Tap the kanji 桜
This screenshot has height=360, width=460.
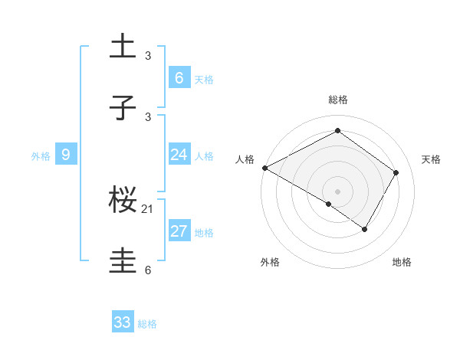(123, 201)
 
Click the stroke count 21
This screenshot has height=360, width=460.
(148, 208)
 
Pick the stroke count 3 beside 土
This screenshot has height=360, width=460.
(148, 55)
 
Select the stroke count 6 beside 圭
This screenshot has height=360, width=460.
(148, 270)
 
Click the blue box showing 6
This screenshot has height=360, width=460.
(179, 78)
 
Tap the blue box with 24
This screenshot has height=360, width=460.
(179, 155)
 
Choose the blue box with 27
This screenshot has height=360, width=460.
(179, 231)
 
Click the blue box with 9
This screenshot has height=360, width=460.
(66, 155)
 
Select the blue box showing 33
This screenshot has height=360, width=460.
(123, 322)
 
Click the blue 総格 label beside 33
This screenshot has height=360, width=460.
(147, 324)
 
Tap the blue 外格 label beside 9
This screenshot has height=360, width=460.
(41, 156)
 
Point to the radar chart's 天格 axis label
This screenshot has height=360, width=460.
(432, 159)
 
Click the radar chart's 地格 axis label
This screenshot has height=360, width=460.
(402, 263)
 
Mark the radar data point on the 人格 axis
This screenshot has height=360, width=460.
(264, 168)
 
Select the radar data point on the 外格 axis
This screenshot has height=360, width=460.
(329, 204)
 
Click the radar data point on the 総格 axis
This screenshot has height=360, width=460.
(337, 130)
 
